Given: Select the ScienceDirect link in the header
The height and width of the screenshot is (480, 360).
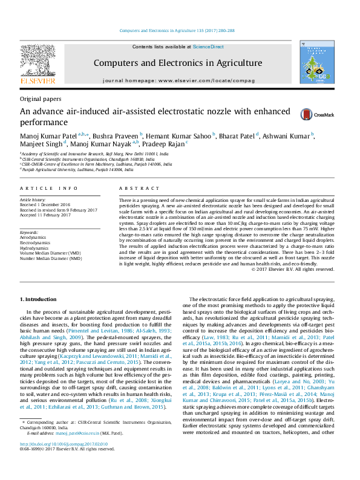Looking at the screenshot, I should click(208, 47).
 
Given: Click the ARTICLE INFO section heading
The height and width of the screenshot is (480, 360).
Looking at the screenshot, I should click(48, 189).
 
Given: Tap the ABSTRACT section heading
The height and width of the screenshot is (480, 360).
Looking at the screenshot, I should click(134, 189).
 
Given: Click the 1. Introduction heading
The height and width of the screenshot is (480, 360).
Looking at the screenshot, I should click(39, 299).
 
